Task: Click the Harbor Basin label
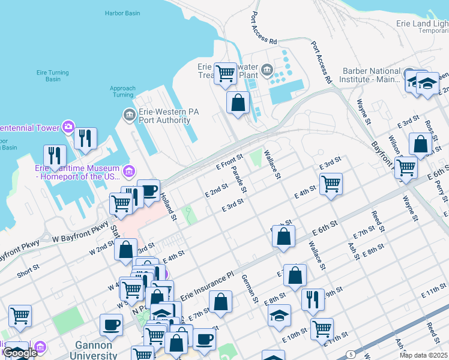(122, 13)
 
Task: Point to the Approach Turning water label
(122, 92)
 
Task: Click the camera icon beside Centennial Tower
(68, 127)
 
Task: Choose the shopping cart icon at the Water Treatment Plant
(225, 74)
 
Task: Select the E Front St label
(231, 162)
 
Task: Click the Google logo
(20, 353)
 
